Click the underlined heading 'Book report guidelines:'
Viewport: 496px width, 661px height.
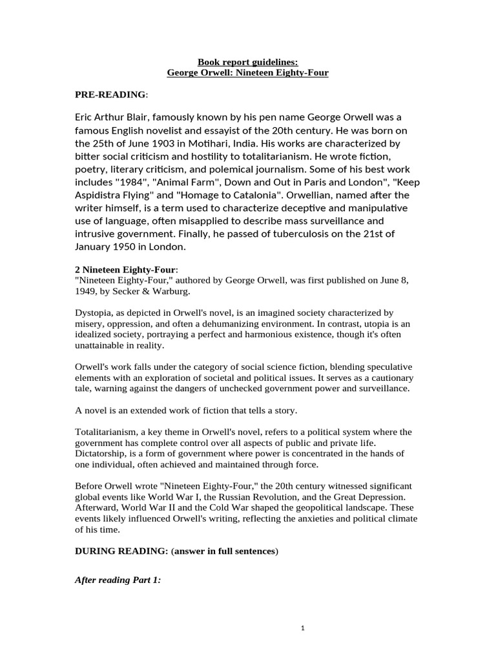247,62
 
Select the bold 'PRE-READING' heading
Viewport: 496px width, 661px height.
110,95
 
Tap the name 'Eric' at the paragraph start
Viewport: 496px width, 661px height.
88,117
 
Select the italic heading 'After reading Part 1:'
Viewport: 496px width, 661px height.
118,580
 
